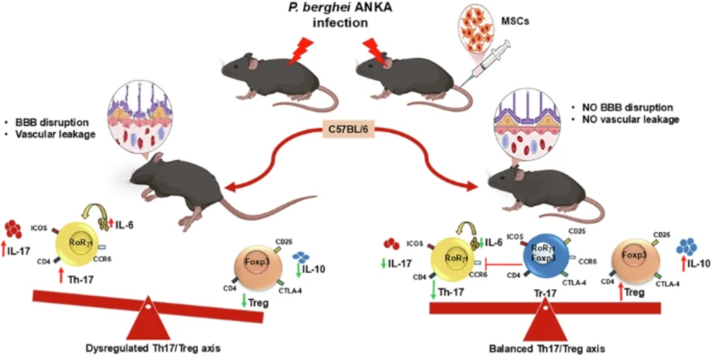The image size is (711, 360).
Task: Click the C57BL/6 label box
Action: coord(355,130)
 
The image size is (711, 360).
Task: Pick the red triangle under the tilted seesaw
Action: coord(147,321)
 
